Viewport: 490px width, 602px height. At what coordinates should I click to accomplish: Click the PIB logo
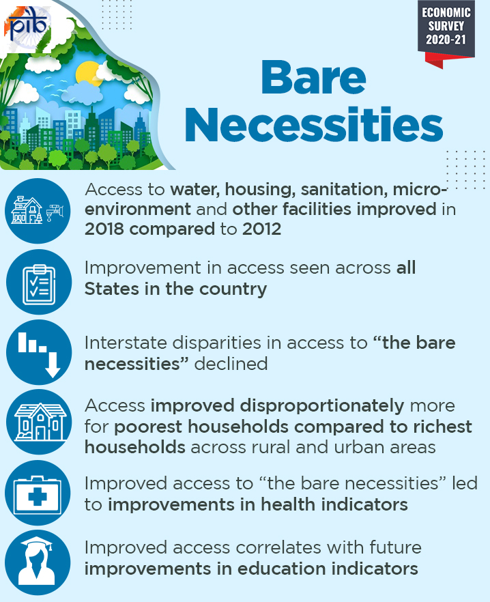[x=28, y=27]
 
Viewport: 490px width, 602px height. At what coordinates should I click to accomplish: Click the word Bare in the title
[x=313, y=78]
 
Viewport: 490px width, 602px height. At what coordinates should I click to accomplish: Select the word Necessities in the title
[x=314, y=124]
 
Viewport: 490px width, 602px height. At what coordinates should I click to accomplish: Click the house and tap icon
[x=38, y=211]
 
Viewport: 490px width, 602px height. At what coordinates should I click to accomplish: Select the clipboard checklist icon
[x=39, y=282]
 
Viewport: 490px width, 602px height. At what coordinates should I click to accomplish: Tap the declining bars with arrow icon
[x=39, y=352]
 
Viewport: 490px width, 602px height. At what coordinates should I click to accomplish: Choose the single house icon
[x=39, y=422]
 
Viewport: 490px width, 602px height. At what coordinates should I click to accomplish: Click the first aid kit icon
[x=38, y=493]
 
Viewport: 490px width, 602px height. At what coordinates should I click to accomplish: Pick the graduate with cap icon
[x=38, y=562]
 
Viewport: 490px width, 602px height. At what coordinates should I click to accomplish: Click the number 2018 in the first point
[x=104, y=229]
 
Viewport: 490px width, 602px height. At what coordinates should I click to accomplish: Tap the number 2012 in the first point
[x=262, y=229]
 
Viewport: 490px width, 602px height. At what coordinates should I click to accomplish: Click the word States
[x=112, y=289]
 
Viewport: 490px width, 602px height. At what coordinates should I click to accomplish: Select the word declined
[x=231, y=364]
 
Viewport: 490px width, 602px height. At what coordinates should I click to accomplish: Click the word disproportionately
[x=277, y=406]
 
